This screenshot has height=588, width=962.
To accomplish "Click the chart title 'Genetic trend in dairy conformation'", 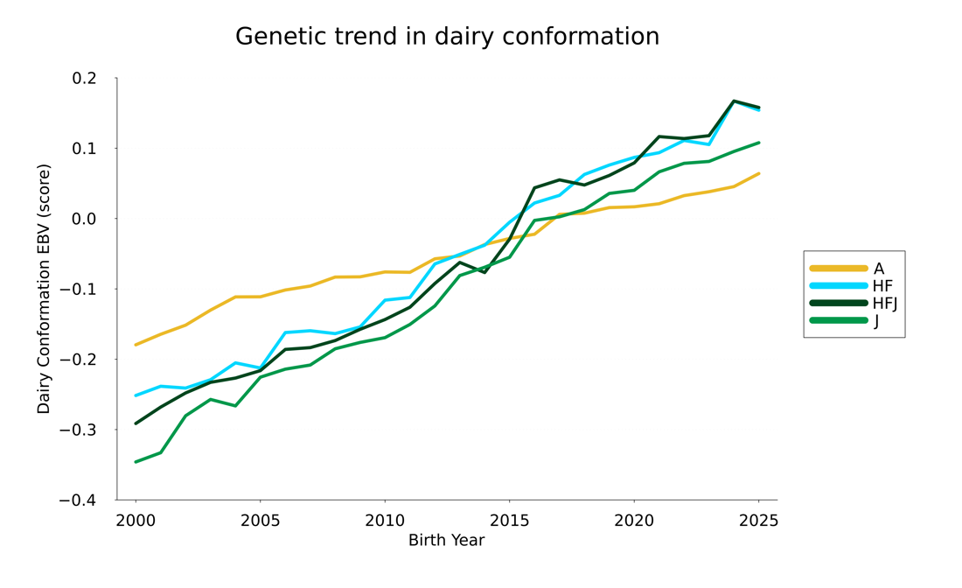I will (447, 37).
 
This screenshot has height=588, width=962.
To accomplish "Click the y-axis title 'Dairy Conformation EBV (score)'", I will (44, 289).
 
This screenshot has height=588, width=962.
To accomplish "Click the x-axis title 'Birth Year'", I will (446, 540).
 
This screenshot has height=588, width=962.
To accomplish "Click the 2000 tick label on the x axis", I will (136, 521).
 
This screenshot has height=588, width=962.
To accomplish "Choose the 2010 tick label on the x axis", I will (384, 521).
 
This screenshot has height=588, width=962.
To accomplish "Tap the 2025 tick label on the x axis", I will (757, 521).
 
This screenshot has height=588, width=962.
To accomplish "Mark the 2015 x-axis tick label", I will (509, 521).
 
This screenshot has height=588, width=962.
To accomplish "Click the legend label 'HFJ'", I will (885, 304).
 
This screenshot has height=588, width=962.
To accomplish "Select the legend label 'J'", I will (876, 321).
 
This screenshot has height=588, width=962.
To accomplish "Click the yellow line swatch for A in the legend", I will (838, 269).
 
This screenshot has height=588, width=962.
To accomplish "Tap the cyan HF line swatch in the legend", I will (838, 286).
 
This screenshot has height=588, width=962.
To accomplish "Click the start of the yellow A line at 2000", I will (136, 345).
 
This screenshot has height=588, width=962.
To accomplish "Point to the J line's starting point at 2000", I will (136, 462).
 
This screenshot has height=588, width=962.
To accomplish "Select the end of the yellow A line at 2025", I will (758, 173).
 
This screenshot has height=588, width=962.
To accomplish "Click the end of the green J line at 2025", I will (758, 143).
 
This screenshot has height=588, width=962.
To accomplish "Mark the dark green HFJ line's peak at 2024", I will (734, 101).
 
